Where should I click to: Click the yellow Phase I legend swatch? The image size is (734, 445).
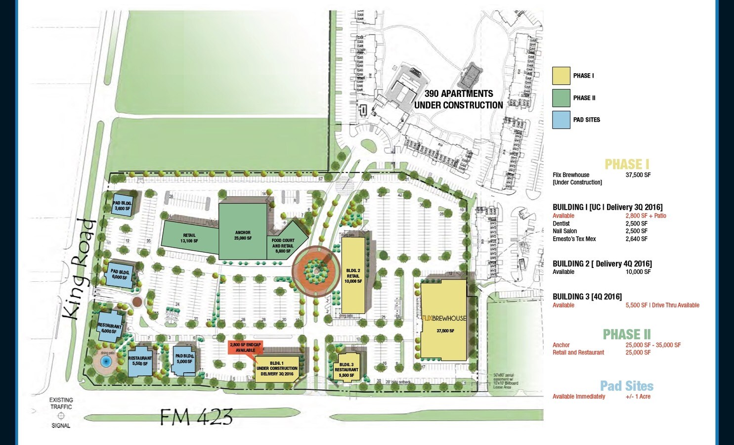(561, 76)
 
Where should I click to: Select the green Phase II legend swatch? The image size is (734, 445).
(561, 98)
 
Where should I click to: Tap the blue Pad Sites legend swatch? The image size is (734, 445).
(561, 120)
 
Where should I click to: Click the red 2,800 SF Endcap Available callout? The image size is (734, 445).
(245, 347)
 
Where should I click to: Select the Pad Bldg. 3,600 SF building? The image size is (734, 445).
(122, 206)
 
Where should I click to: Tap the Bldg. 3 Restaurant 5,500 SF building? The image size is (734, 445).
(346, 367)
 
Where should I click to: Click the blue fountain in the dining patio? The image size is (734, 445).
(105, 361)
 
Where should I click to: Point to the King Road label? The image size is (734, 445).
(79, 269)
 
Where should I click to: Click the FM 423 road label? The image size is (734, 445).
(196, 417)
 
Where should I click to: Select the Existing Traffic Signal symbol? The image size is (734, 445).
(61, 416)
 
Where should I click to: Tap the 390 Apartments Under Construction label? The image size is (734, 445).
(458, 99)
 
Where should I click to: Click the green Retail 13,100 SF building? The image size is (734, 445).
(189, 238)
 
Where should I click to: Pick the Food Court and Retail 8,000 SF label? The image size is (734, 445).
(283, 246)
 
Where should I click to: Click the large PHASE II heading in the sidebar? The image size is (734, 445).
(626, 335)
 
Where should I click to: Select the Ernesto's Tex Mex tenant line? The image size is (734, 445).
(574, 239)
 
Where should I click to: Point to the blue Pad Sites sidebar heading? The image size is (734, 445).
(626, 386)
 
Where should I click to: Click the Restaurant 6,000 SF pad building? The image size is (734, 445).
(110, 327)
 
